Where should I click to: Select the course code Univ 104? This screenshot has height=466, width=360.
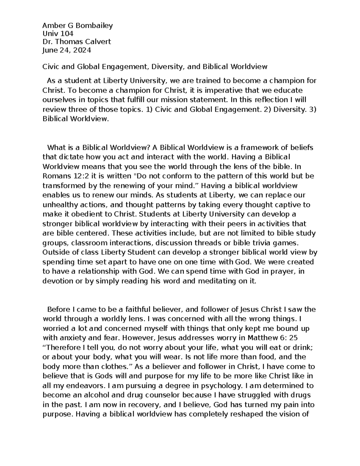(x=58, y=34)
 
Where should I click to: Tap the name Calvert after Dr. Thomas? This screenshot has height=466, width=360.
(x=98, y=42)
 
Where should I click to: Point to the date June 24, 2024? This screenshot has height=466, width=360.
(x=67, y=50)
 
